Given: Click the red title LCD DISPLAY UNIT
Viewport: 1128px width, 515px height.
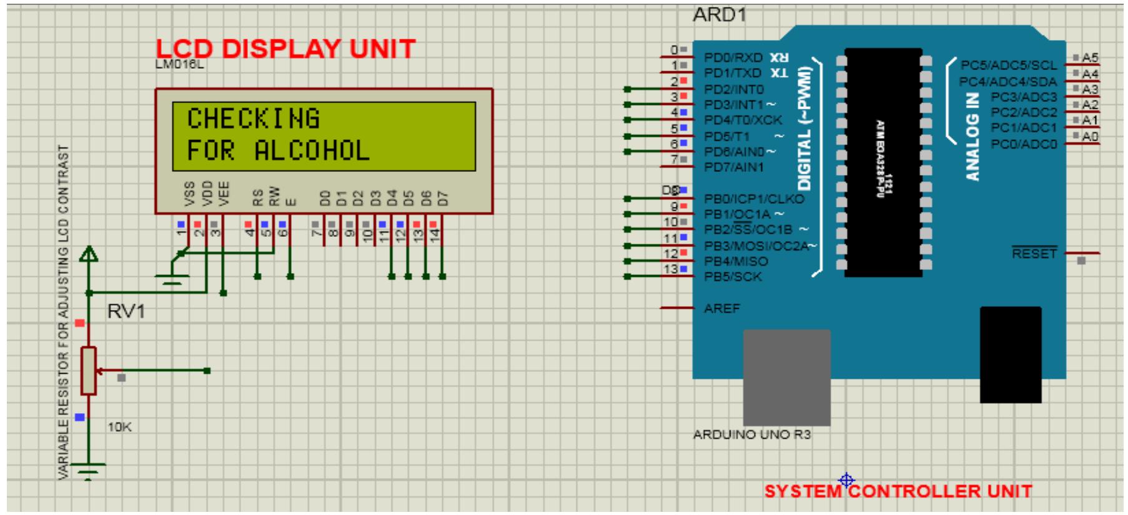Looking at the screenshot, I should click(x=285, y=49).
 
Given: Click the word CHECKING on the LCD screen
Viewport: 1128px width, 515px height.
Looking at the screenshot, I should click(x=253, y=119).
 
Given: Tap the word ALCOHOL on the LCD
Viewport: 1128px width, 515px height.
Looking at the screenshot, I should click(x=312, y=151).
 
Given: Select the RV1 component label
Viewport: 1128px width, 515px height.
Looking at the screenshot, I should click(x=126, y=311).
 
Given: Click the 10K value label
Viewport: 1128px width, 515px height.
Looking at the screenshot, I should click(x=119, y=427).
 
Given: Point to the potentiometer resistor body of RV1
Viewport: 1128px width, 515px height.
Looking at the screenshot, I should click(x=89, y=371).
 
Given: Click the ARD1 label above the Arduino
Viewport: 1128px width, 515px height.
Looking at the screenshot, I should click(x=720, y=15).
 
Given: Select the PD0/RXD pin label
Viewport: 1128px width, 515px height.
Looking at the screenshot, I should click(x=733, y=57).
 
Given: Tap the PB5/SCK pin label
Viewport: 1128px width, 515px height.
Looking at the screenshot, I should click(x=733, y=277).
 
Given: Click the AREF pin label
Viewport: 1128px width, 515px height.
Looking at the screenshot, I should click(x=721, y=309).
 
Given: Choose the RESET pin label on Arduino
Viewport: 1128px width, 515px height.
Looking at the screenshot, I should click(x=1034, y=254).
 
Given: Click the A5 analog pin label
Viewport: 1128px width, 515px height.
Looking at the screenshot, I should click(x=1089, y=57).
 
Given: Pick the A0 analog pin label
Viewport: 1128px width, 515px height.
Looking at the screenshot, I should click(x=1089, y=136).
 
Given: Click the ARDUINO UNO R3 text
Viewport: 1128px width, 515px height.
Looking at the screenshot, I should click(x=751, y=434).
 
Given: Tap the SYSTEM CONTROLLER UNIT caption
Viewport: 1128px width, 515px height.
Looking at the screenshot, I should click(x=898, y=491).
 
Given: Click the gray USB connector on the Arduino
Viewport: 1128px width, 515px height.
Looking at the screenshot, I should click(x=786, y=377).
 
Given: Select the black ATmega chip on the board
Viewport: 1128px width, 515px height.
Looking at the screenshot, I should click(x=883, y=162).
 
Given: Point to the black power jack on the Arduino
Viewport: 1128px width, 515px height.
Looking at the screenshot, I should click(x=1010, y=354).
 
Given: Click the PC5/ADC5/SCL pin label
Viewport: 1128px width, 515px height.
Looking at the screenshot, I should click(x=1009, y=65).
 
